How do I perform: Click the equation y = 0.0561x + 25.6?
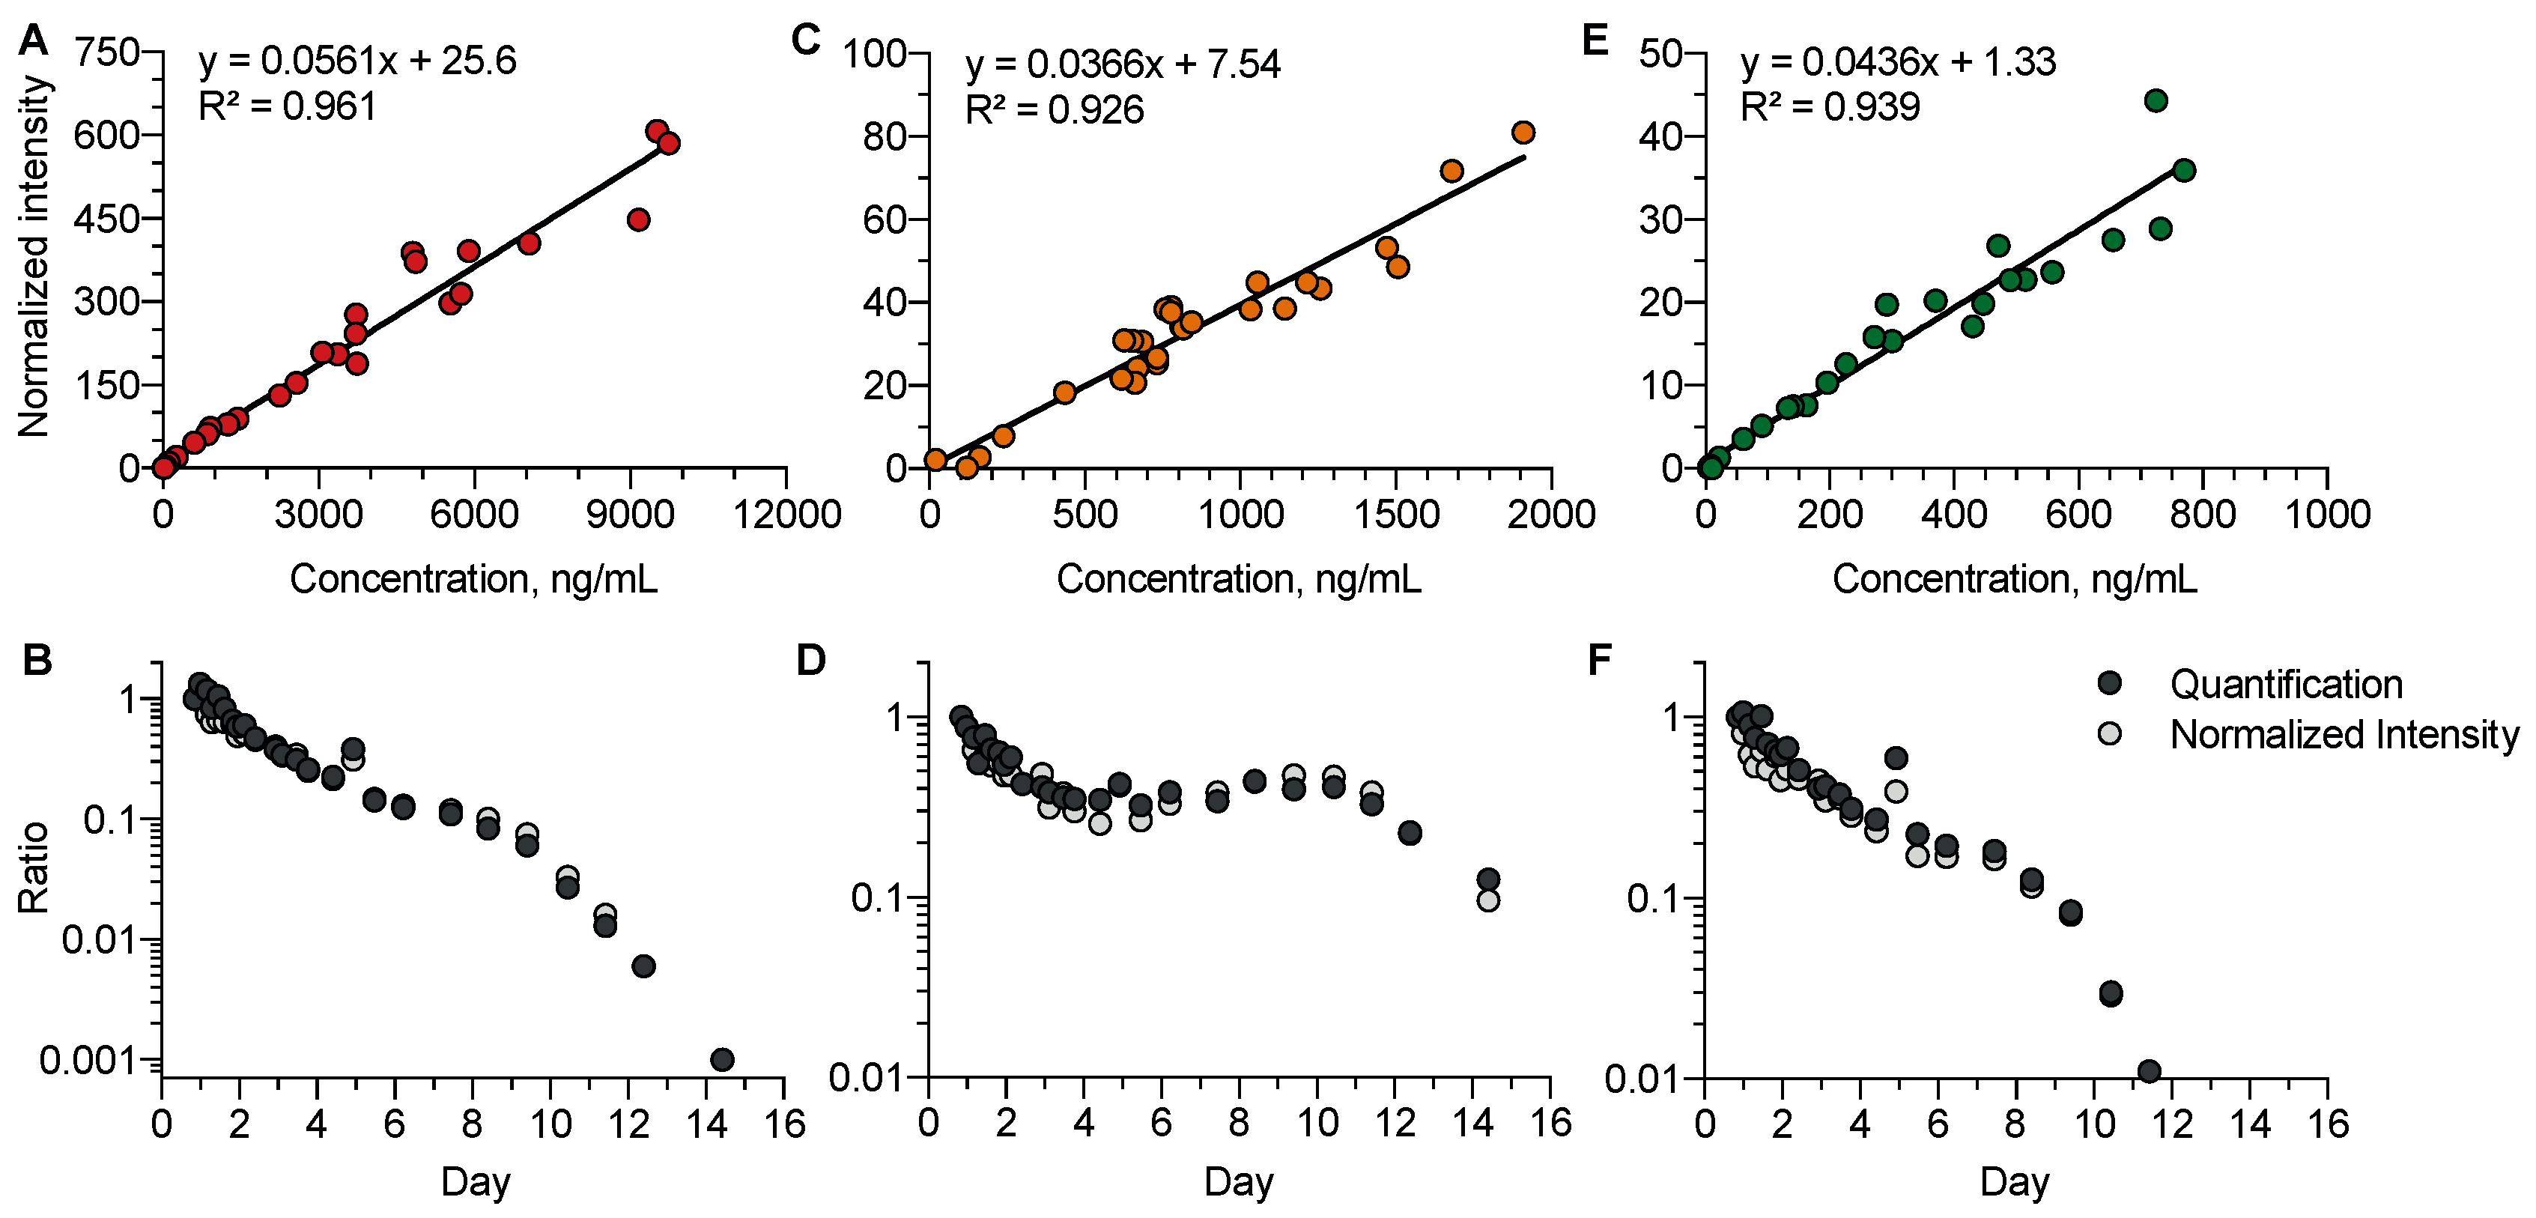[357, 61]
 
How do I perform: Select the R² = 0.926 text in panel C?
[1055, 110]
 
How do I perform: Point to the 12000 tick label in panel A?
[786, 514]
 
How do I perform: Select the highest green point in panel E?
[2156, 100]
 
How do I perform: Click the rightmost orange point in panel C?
[1523, 133]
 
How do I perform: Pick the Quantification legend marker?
[2109, 683]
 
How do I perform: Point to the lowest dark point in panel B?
[721, 1059]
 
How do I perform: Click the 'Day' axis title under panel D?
[1239, 1181]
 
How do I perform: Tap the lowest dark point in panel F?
[2149, 1071]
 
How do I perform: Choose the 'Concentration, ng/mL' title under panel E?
[2014, 579]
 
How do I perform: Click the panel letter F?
[1600, 661]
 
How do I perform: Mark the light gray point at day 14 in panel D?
[1487, 900]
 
